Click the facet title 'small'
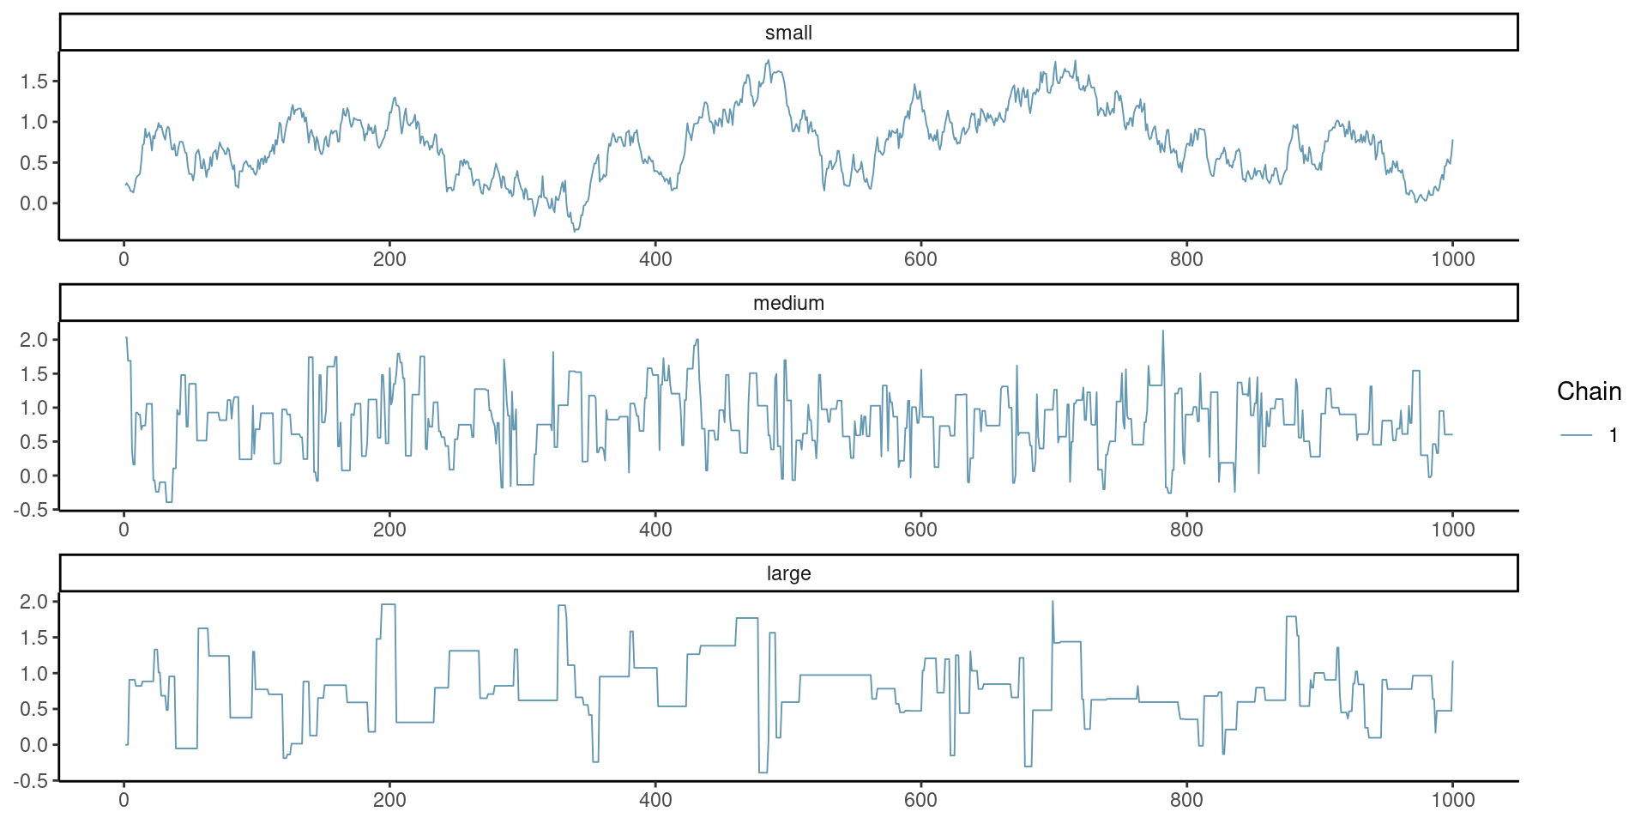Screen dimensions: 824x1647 (x=788, y=33)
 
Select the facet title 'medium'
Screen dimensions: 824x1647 (x=788, y=303)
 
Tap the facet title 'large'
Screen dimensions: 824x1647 (x=788, y=573)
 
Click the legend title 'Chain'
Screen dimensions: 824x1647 (x=1589, y=391)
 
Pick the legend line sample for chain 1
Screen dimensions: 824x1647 (x=1576, y=436)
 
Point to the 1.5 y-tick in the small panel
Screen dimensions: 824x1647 (x=34, y=82)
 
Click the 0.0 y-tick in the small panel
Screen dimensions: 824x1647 (x=34, y=203)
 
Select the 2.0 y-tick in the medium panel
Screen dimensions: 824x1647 (x=34, y=340)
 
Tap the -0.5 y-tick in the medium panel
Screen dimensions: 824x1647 (x=31, y=510)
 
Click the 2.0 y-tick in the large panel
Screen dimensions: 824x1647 (x=34, y=602)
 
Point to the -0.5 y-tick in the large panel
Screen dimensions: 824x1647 (x=31, y=780)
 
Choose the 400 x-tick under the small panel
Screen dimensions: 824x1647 (x=655, y=259)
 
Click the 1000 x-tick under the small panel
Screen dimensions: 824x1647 (x=1452, y=259)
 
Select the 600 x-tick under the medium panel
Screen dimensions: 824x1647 (x=920, y=530)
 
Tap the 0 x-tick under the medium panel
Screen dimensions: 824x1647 (x=124, y=530)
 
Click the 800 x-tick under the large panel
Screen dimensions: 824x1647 (x=1186, y=800)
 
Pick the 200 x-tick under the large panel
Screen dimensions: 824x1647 (x=389, y=800)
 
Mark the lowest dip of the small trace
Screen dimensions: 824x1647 (x=576, y=230)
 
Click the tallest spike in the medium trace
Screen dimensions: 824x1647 (x=1163, y=331)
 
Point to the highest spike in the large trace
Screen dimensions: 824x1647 (x=1053, y=602)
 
